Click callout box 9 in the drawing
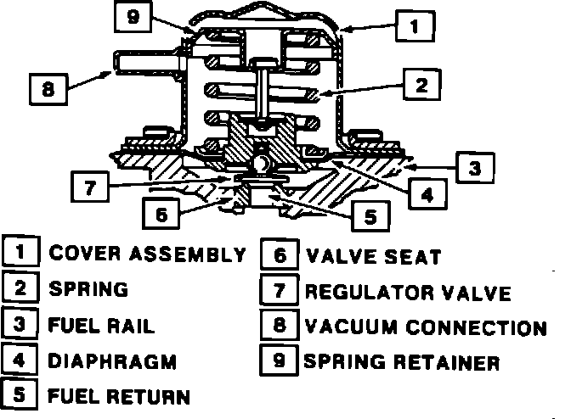(x=132, y=16)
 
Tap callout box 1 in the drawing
(x=413, y=26)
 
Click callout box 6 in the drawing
(x=161, y=214)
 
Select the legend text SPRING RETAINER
(x=401, y=362)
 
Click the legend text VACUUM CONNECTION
(x=425, y=327)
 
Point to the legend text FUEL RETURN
(x=118, y=396)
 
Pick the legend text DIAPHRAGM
(x=113, y=360)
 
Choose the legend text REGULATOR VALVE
(x=408, y=293)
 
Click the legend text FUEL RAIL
(x=102, y=325)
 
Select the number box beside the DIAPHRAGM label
(x=20, y=360)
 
